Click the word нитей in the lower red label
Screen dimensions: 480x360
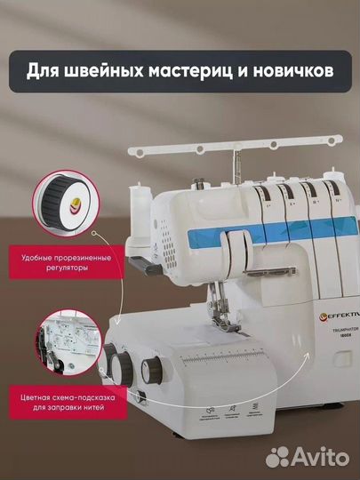(112, 411)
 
